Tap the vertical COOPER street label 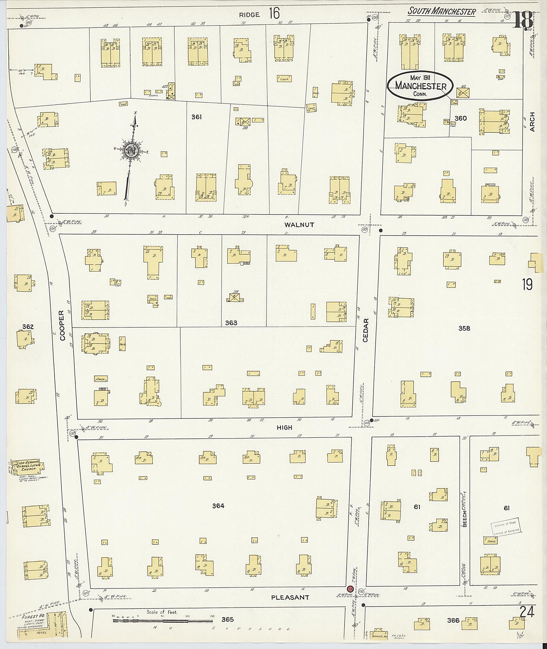[62, 325]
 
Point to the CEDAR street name [366, 330]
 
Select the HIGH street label [284, 427]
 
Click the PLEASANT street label [290, 598]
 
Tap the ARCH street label [532, 122]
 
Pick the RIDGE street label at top [249, 15]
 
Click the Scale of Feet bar [162, 619]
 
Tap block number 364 [218, 506]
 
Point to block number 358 [464, 328]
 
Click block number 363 [231, 323]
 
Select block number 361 [196, 117]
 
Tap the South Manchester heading [441, 11]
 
